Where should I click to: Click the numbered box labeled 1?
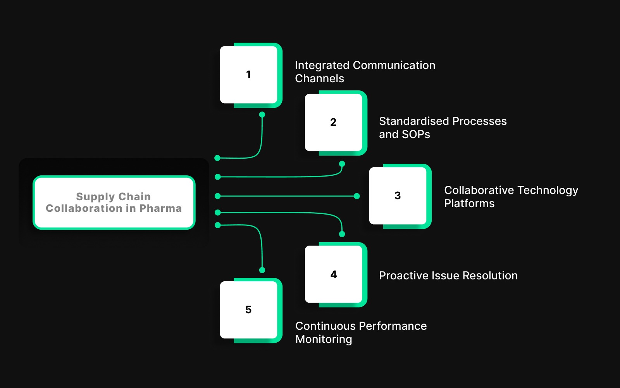(248, 74)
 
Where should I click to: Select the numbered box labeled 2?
(333, 122)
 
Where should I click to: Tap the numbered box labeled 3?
(398, 196)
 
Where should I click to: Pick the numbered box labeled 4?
(333, 274)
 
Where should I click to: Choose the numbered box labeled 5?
(248, 309)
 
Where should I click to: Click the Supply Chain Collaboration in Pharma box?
(114, 202)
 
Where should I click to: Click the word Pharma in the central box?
(160, 208)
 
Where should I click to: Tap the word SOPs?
(416, 134)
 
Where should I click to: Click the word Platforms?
(469, 203)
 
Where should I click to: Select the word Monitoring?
(324, 339)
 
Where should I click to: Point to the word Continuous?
(324, 326)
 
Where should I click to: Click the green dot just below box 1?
(262, 114)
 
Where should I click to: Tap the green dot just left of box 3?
(357, 196)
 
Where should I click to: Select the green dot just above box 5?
(262, 270)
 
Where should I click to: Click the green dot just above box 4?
(342, 234)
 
